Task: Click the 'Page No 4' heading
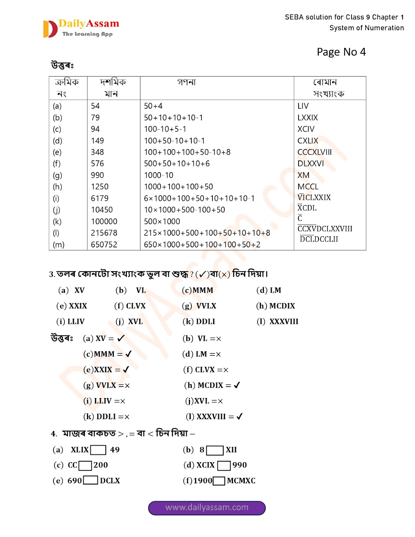tap(341, 52)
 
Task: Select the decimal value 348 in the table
tap(97, 152)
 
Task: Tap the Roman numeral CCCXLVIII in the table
tap(314, 152)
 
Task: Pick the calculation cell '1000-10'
tap(158, 175)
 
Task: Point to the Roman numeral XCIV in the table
tap(306, 129)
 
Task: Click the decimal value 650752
tap(104, 244)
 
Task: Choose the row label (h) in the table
tap(57, 187)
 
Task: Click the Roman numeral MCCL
tap(308, 187)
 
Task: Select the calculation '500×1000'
tap(162, 222)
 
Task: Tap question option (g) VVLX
tap(199, 306)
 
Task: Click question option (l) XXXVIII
tap(278, 322)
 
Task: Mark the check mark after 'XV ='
tap(121, 338)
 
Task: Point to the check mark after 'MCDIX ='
tap(237, 385)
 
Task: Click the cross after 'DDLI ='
tap(127, 417)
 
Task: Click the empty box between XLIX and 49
tap(98, 450)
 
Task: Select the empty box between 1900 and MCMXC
tap(219, 481)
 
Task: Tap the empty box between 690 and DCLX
tap(91, 480)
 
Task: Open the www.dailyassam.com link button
tap(207, 507)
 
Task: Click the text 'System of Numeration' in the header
tap(366, 28)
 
